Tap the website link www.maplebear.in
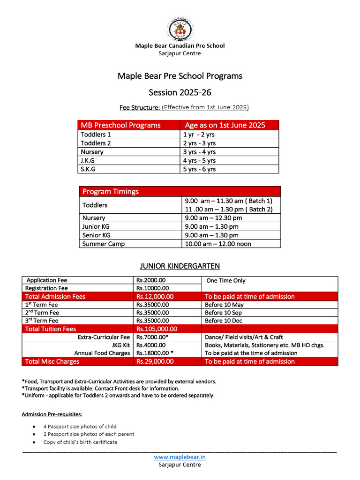point(180,457)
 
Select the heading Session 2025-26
point(180,92)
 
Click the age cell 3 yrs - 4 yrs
point(199,152)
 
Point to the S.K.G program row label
point(88,169)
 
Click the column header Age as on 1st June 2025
point(225,125)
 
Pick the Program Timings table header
point(111,191)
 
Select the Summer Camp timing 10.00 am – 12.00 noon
point(218,244)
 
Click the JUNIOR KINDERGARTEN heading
point(180,266)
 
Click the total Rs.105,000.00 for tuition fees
point(157,329)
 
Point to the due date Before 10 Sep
point(223,313)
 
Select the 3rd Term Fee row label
point(42,321)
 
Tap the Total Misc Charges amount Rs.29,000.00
point(155,361)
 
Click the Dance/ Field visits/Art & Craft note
point(244,337)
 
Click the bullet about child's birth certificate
point(80,442)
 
